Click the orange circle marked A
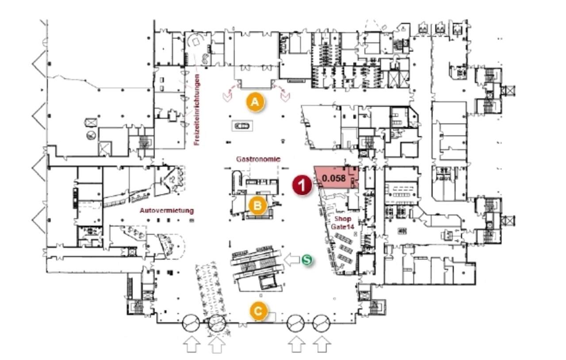(255, 102)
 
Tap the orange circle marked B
(257, 206)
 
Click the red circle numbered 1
(302, 185)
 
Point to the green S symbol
(307, 260)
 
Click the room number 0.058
(334, 179)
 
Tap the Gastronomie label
(258, 159)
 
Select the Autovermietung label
(167, 211)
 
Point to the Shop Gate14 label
(343, 223)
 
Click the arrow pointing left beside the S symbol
(292, 260)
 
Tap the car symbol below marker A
(242, 126)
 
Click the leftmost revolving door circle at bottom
(191, 323)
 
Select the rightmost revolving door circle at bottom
(321, 323)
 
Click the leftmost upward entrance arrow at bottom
(191, 345)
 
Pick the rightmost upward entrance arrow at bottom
(322, 345)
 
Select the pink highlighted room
(337, 177)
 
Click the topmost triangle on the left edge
(39, 63)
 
